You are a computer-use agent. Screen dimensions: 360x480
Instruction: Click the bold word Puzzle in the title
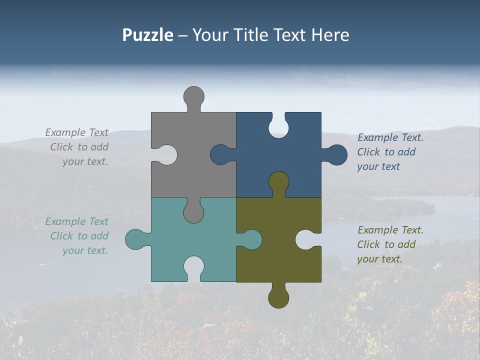click(x=147, y=35)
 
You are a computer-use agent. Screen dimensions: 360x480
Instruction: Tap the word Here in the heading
click(x=330, y=35)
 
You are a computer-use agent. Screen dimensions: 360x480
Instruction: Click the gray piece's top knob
click(x=193, y=96)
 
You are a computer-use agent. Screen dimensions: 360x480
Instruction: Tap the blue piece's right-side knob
click(x=337, y=155)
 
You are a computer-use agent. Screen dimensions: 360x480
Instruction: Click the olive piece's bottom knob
click(x=278, y=298)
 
